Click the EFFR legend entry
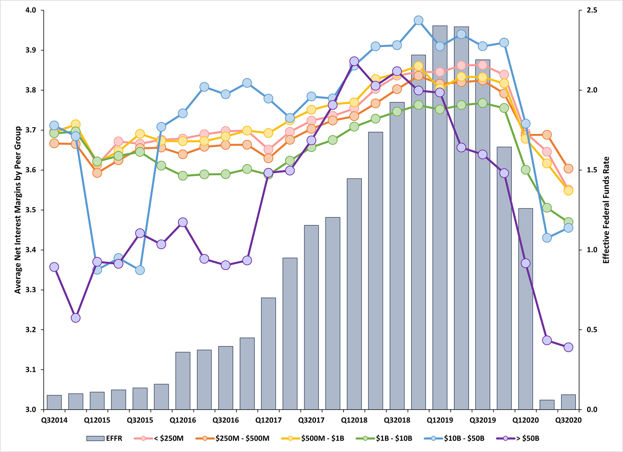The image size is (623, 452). [x=104, y=439]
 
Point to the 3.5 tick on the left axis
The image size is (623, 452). [x=32, y=210]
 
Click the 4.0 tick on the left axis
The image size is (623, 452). [x=32, y=11]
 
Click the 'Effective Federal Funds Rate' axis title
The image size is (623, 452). [x=606, y=210]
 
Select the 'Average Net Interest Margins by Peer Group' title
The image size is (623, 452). [x=18, y=210]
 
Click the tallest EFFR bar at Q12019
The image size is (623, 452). [x=440, y=218]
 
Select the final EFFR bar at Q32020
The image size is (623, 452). [x=568, y=402]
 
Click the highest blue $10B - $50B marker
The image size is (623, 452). [x=419, y=21]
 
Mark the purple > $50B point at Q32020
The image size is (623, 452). [x=568, y=347]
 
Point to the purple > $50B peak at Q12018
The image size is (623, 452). [x=354, y=61]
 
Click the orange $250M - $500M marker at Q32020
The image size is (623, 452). [x=568, y=169]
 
